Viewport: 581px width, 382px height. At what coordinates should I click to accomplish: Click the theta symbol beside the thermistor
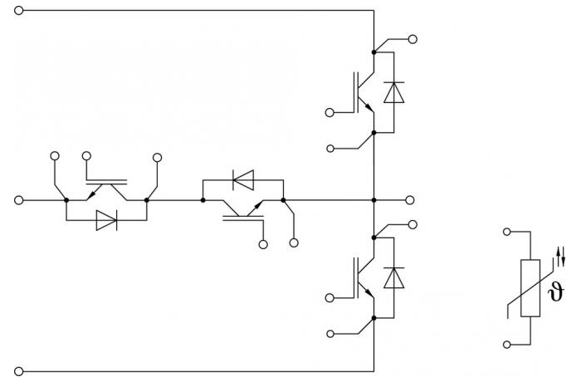555,291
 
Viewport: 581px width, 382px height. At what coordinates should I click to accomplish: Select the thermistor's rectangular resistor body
530,288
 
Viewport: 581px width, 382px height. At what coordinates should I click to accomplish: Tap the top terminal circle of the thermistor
507,232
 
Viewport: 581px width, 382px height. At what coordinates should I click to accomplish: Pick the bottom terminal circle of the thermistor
507,345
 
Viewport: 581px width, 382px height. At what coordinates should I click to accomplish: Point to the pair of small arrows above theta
561,256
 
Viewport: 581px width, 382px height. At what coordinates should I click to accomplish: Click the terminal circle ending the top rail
18,11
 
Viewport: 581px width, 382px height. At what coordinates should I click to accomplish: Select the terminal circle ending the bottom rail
18,371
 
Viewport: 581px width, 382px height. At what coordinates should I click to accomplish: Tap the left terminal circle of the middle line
18,200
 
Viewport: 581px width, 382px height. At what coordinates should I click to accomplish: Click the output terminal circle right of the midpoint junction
409,200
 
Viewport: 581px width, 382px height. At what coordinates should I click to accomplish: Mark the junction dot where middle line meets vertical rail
373,200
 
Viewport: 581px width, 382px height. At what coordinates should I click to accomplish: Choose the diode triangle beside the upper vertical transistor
394,92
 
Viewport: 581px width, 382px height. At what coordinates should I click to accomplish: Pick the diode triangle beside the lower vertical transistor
394,278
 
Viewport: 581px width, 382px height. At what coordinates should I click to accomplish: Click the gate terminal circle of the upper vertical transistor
330,112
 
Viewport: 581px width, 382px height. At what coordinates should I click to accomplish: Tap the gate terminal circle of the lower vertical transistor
330,298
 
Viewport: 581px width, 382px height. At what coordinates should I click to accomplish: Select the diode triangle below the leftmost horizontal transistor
106,220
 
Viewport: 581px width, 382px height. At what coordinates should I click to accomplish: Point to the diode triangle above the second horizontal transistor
243,180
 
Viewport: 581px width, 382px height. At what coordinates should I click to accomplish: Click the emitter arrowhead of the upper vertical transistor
369,108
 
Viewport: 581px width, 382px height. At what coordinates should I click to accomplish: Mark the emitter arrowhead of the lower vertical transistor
369,293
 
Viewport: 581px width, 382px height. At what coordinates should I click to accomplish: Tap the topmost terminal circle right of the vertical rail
413,39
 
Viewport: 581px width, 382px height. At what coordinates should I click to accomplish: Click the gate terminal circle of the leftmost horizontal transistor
86,156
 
